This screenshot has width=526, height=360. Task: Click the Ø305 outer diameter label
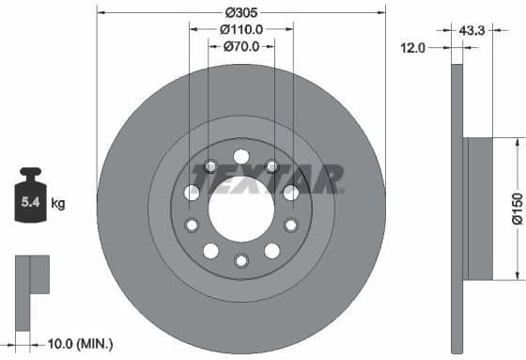[x=241, y=13]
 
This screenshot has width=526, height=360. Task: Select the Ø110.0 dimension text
[x=241, y=30]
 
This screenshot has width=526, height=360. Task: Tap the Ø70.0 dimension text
[x=241, y=47]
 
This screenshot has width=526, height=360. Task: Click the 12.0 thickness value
[x=414, y=46]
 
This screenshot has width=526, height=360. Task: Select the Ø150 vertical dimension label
[x=516, y=208]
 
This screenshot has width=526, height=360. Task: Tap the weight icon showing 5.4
[x=31, y=196]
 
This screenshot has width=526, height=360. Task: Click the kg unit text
[x=58, y=202]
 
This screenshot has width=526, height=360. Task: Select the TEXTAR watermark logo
[x=268, y=178]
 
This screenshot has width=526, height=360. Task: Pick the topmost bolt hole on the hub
[x=241, y=157]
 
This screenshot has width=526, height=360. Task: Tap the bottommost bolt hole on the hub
[x=241, y=260]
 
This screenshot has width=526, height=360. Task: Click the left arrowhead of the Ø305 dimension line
[x=101, y=13]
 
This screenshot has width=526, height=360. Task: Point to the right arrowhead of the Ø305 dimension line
[x=382, y=13]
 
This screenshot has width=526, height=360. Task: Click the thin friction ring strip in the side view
[x=457, y=208]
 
